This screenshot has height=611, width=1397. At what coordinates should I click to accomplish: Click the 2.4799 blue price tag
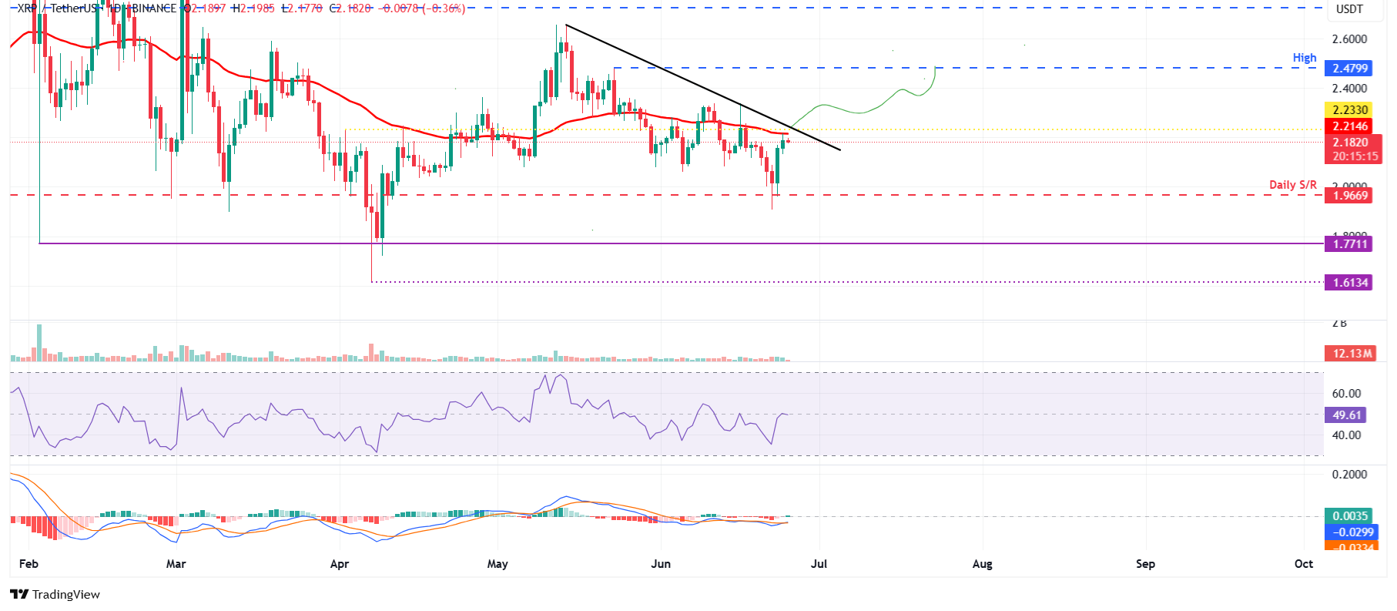click(x=1350, y=69)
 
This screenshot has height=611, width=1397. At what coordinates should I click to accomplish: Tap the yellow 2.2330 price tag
click(x=1350, y=110)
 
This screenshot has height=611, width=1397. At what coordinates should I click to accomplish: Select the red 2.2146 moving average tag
click(x=1350, y=126)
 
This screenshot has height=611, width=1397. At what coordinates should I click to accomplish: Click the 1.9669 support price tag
click(x=1350, y=196)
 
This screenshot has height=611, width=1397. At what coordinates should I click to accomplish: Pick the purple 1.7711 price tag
click(x=1350, y=244)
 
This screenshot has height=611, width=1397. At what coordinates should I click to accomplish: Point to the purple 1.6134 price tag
click(x=1350, y=283)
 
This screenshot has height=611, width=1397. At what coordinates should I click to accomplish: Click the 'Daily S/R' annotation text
click(x=1292, y=185)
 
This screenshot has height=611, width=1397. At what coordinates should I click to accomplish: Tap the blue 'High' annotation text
click(x=1304, y=58)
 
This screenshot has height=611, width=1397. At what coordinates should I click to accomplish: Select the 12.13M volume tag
click(x=1352, y=354)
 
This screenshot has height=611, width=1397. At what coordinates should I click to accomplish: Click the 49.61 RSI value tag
click(x=1346, y=415)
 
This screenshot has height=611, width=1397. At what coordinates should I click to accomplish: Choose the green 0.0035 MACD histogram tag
click(x=1350, y=516)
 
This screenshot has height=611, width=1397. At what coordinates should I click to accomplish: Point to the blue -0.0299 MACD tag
click(x=1350, y=532)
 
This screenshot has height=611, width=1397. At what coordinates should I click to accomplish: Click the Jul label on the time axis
click(x=819, y=564)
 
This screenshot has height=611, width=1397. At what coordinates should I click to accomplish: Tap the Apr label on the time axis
click(x=339, y=564)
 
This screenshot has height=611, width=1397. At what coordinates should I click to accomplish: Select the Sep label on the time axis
click(x=1145, y=564)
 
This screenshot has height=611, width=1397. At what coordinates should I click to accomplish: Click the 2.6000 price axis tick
click(x=1349, y=39)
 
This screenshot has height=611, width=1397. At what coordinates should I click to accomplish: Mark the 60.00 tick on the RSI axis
click(x=1346, y=394)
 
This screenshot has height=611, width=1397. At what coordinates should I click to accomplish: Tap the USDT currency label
click(x=1348, y=9)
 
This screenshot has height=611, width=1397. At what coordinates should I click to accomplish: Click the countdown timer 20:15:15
click(x=1355, y=156)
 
